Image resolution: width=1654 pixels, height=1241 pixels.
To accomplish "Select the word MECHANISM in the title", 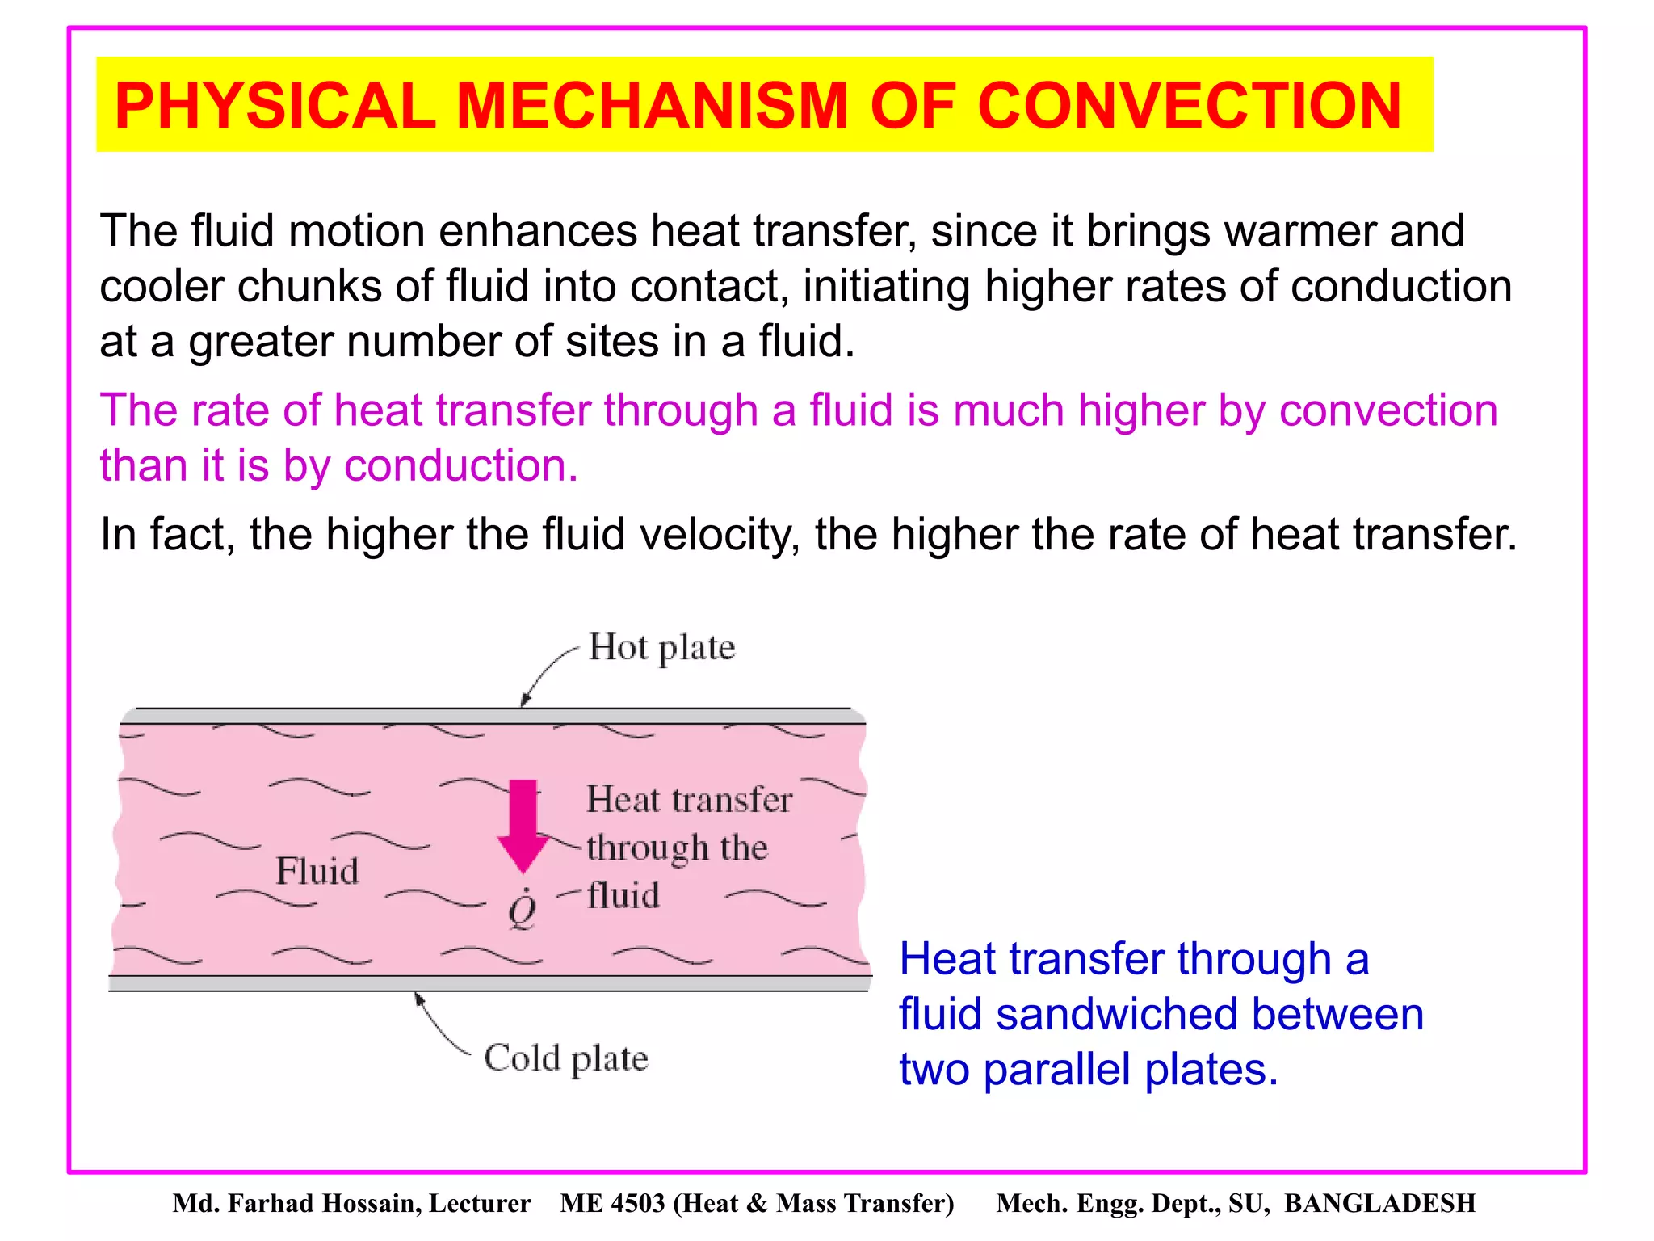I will pyautogui.click(x=652, y=106).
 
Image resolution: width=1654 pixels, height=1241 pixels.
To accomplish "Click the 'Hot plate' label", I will pyautogui.click(x=661, y=648).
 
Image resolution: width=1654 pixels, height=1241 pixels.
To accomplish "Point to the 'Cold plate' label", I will pyautogui.click(x=565, y=1058).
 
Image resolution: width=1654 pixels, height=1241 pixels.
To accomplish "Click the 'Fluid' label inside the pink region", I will pyautogui.click(x=317, y=871).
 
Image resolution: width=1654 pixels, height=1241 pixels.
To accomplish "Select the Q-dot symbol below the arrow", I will pyautogui.click(x=523, y=911).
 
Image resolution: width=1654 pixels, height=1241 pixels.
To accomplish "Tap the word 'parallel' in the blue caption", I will pyautogui.click(x=1056, y=1070).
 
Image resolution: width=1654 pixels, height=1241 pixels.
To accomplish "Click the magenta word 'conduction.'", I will pyautogui.click(x=461, y=466).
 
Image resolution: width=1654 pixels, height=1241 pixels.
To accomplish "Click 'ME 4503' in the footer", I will pyautogui.click(x=611, y=1204).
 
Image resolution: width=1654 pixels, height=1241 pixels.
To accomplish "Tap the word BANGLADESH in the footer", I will pyautogui.click(x=1379, y=1204).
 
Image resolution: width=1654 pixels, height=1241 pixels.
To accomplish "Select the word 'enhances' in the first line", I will pyautogui.click(x=538, y=232).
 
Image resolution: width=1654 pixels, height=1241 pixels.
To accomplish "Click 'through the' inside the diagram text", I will pyautogui.click(x=676, y=848).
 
